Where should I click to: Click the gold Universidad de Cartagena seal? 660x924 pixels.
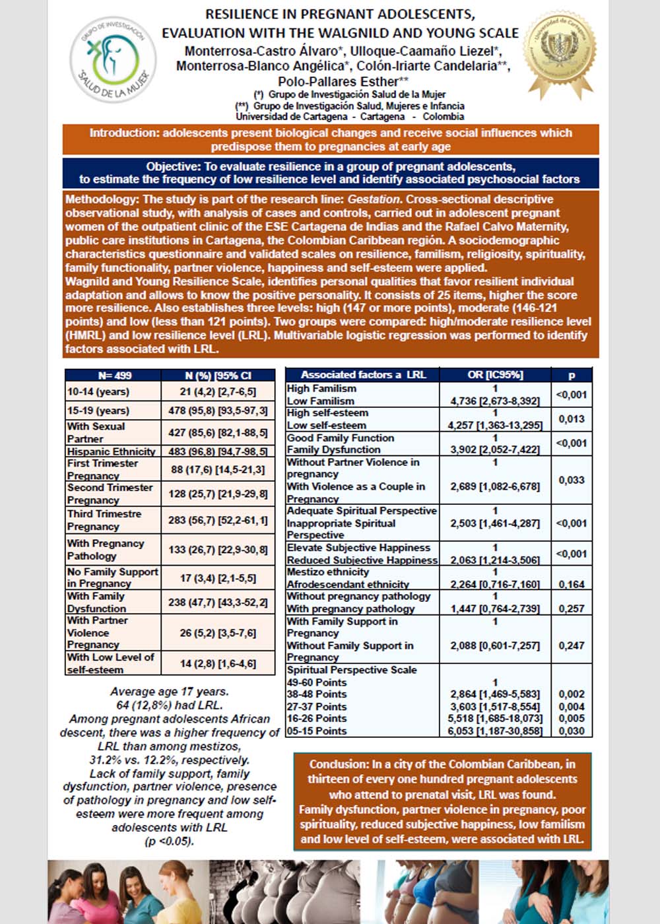tap(560, 55)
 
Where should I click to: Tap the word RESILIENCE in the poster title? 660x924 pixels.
tap(242, 14)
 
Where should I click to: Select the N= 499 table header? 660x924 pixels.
tap(114, 376)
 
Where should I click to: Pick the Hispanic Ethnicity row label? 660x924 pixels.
tap(111, 451)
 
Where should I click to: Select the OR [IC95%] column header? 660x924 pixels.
tap(495, 375)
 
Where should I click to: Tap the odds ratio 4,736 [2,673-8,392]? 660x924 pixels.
tap(495, 401)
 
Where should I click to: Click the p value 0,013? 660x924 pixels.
tap(572, 419)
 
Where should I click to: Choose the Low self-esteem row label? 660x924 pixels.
tap(326, 426)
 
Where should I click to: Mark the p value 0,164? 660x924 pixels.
tap(572, 584)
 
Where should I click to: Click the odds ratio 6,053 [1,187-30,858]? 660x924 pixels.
tap(495, 731)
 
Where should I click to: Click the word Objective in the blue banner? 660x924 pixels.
tap(174, 166)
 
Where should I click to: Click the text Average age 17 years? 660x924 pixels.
tap(170, 692)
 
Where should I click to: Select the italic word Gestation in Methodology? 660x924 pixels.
tap(374, 199)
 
